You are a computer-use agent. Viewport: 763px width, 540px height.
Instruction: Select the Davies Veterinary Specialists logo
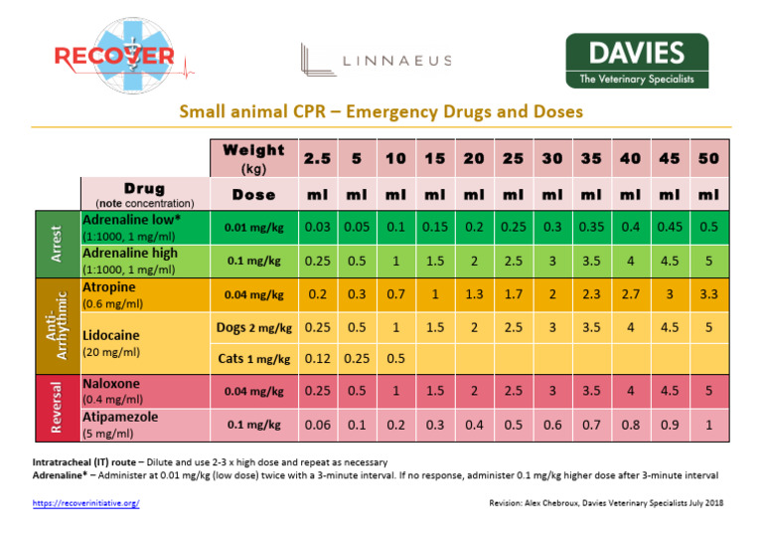pos(636,61)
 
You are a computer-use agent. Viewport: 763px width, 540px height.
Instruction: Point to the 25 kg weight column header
pos(514,159)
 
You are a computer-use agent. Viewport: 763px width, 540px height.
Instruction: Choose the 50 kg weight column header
pos(709,159)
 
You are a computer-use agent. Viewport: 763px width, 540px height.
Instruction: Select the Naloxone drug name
pos(111,383)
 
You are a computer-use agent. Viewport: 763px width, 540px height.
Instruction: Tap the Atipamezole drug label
pos(119,417)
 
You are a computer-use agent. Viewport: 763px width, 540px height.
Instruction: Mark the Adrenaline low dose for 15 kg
pos(435,227)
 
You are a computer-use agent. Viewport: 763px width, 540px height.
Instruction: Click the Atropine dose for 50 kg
pos(709,295)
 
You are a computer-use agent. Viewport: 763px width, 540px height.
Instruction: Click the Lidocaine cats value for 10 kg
pos(395,358)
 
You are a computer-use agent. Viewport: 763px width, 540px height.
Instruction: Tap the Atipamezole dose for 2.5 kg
pos(318,425)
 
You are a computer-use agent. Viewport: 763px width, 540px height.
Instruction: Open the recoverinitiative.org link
pos(85,504)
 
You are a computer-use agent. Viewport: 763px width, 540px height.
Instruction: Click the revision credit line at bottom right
pos(606,504)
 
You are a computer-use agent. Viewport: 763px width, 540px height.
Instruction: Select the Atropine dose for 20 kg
pos(474,295)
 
